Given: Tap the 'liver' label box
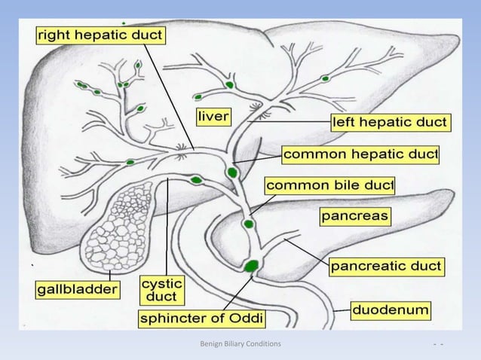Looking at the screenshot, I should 214,117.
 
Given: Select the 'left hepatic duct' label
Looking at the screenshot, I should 390,121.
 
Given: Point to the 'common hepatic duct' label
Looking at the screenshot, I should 360,154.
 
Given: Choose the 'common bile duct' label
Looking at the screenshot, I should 329,185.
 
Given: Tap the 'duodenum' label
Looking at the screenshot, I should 392,310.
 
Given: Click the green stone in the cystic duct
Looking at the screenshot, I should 197,180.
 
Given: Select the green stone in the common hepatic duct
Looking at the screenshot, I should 231,172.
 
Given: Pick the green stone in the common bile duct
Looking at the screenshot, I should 248,224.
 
